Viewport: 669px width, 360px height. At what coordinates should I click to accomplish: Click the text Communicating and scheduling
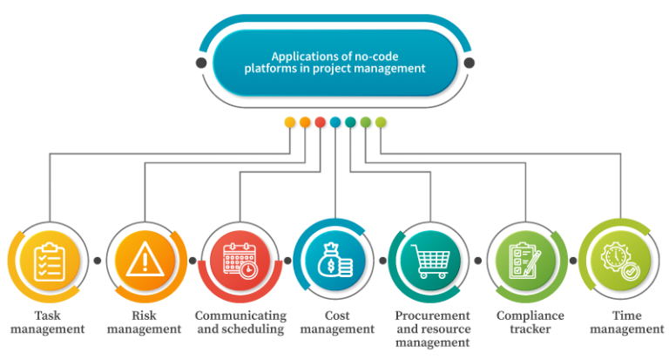point(240,323)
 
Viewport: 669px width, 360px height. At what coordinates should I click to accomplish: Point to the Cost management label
point(336,323)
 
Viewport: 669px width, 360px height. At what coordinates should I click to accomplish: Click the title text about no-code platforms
point(335,63)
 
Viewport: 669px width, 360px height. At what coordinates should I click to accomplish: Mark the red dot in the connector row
point(321,123)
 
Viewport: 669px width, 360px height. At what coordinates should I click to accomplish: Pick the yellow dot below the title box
point(290,123)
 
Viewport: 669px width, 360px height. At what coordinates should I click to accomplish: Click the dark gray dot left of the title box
point(202,63)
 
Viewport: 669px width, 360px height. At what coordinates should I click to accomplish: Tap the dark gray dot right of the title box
point(470,63)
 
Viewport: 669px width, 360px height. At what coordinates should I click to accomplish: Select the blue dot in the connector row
point(335,123)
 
